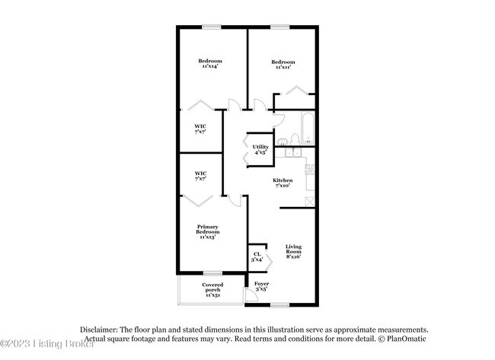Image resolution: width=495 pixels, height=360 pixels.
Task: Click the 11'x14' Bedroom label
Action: pyautogui.click(x=209, y=64)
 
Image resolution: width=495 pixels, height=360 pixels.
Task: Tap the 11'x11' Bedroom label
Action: pyautogui.click(x=283, y=64)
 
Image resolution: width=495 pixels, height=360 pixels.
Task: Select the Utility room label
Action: pyautogui.click(x=260, y=149)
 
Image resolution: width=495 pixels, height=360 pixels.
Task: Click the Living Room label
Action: pyautogui.click(x=294, y=252)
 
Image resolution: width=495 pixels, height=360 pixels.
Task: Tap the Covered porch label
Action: pyautogui.click(x=212, y=288)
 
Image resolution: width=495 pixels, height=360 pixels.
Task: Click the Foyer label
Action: pyautogui.click(x=261, y=286)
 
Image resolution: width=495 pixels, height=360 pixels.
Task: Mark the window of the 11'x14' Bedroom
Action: pyautogui.click(x=210, y=27)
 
